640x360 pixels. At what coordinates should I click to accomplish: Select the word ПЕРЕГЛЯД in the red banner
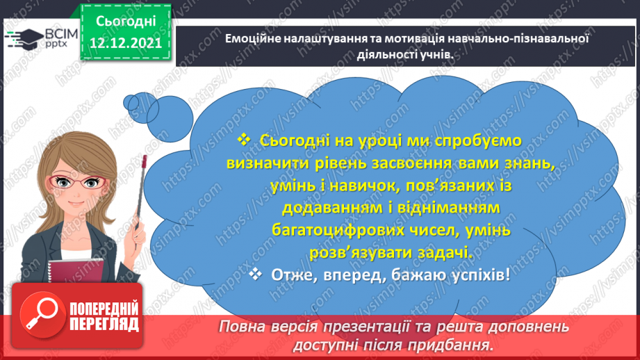click(x=104, y=324)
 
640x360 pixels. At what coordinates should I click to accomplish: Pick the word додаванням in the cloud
click(x=332, y=209)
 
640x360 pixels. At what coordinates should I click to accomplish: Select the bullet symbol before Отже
click(x=255, y=275)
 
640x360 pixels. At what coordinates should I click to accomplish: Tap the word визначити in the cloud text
click(x=265, y=164)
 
